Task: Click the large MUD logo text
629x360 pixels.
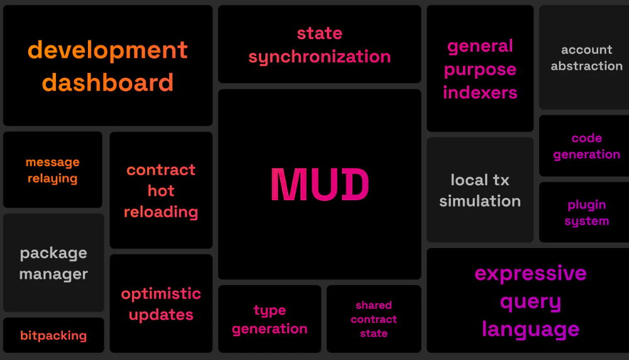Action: (x=320, y=184)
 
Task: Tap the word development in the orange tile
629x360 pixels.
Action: (x=108, y=51)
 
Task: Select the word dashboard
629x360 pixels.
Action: (x=108, y=82)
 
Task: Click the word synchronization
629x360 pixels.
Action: (x=320, y=57)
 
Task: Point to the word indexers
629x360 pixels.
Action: (x=480, y=93)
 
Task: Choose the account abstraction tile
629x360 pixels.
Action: (x=585, y=57)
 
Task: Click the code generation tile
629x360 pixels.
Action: (x=585, y=145)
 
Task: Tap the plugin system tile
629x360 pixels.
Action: (x=585, y=212)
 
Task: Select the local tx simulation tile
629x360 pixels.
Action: (x=480, y=190)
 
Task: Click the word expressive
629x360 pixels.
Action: (x=530, y=274)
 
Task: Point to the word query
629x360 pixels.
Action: (x=530, y=302)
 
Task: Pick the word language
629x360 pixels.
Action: (x=530, y=330)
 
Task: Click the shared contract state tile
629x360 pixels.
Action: (x=374, y=319)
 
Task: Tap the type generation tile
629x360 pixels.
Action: (x=270, y=319)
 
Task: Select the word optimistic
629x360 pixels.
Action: (x=161, y=294)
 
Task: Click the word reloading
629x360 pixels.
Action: (x=161, y=212)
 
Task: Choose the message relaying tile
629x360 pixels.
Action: (x=53, y=170)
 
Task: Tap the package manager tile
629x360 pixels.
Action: (x=53, y=263)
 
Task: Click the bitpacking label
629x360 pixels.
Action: (x=53, y=335)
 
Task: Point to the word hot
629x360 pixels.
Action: (x=161, y=191)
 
